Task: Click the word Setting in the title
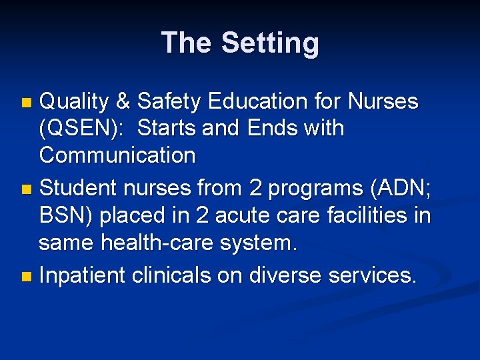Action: [x=270, y=43]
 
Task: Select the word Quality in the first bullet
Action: [x=74, y=102]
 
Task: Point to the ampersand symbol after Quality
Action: [x=123, y=102]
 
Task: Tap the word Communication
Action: [x=117, y=155]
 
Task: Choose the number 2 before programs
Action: [x=255, y=189]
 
